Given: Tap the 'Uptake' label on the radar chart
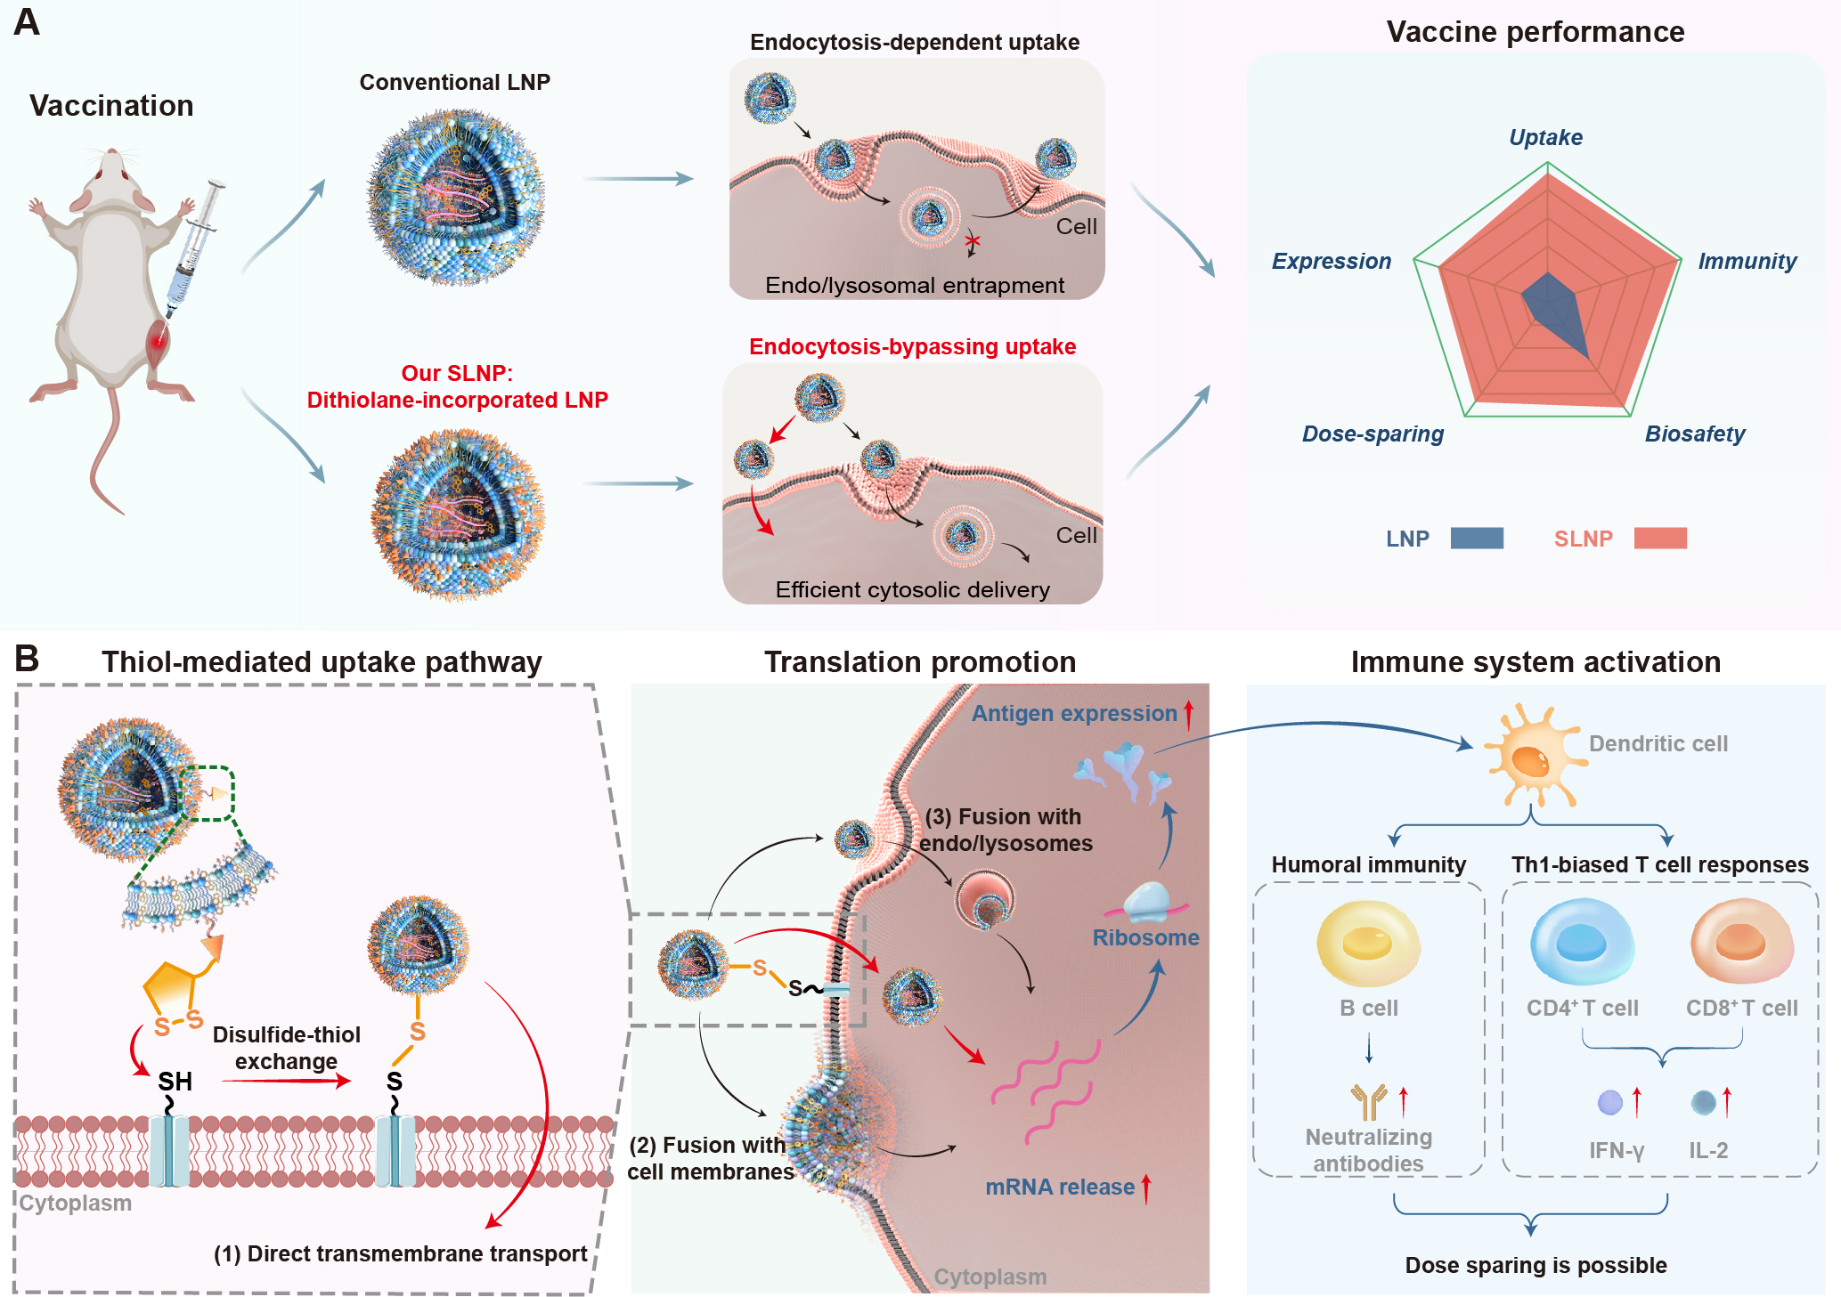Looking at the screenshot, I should click(1545, 138).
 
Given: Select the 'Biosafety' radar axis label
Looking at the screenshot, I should click(1694, 434).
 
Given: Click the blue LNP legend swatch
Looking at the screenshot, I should click(1476, 538).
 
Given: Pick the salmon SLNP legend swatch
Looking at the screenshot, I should click(1659, 538).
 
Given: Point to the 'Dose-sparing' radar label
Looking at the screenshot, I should click(1373, 434).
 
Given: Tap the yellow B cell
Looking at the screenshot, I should click(1367, 944).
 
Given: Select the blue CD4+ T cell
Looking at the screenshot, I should click(1582, 942).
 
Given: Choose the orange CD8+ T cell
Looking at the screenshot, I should click(1741, 942).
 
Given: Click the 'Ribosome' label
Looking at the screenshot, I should click(1145, 938).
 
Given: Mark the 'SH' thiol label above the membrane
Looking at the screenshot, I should click(175, 1082).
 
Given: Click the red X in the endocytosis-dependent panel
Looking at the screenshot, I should click(972, 240).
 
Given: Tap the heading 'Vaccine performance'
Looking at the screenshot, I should click(1535, 32).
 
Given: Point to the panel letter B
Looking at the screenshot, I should click(27, 659).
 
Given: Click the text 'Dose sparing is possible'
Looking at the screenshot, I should click(1536, 1265).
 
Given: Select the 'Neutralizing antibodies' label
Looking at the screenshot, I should click(1368, 1150).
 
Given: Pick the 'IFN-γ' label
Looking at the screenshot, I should click(1616, 1150).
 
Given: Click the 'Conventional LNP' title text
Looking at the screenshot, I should click(454, 82).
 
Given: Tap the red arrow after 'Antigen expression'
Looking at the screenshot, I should click(1188, 714).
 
